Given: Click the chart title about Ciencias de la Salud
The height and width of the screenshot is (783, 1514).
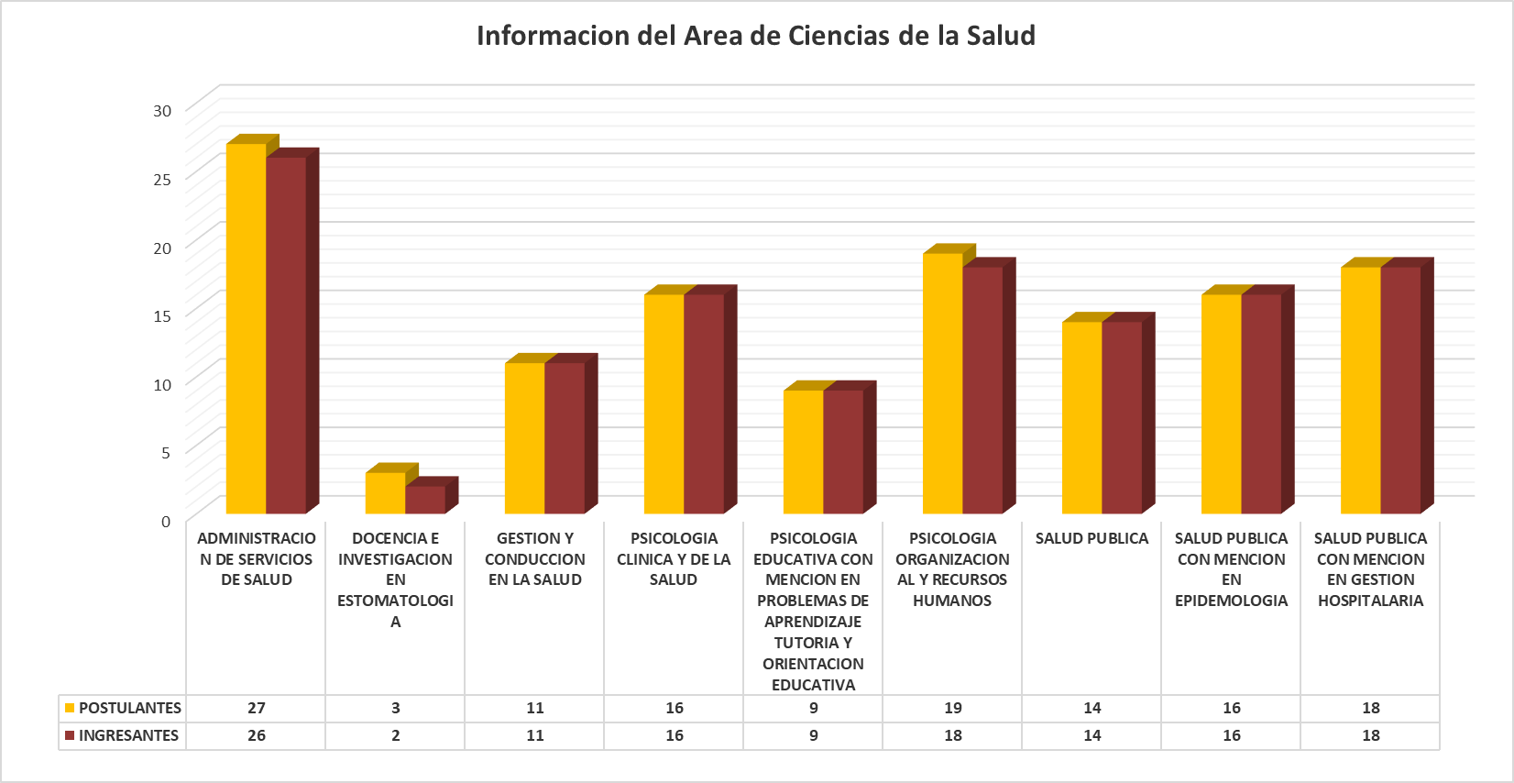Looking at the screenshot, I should pos(756,36).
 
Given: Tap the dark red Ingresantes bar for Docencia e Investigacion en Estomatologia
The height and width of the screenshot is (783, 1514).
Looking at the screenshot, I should pos(425,500).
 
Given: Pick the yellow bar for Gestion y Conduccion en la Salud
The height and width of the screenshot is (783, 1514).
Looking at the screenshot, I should pos(525,438).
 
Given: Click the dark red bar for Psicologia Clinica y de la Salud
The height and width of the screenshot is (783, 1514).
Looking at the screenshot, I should pos(704,403).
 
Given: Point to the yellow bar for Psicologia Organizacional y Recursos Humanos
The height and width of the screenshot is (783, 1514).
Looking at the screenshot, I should pos(943,383).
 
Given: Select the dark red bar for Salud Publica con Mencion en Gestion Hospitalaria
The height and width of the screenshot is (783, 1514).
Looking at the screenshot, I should pos(1400,390).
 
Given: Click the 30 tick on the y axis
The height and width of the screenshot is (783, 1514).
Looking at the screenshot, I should pos(162,111).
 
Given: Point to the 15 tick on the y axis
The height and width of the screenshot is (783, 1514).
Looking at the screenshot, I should pos(162,316).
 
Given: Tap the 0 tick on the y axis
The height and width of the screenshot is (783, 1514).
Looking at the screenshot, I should pos(166,522).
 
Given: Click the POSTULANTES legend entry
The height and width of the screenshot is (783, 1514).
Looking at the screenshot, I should pos(123,708).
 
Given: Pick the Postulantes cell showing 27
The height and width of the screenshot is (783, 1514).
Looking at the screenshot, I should pos(257,708).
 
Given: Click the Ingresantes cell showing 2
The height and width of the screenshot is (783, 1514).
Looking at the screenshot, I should pos(396,735).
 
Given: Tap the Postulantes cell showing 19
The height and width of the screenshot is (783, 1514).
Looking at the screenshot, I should pos(953,708).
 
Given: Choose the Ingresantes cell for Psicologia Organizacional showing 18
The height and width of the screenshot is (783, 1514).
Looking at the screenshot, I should pos(953,735).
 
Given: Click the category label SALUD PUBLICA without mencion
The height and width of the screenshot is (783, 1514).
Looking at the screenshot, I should pos(1092,538).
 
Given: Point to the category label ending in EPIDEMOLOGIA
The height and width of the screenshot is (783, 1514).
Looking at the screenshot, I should pos(1231,569).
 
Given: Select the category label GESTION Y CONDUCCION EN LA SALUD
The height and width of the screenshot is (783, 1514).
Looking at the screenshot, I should pos(535,559).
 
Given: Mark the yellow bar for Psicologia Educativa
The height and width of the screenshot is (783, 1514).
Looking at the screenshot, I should pos(804,452).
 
